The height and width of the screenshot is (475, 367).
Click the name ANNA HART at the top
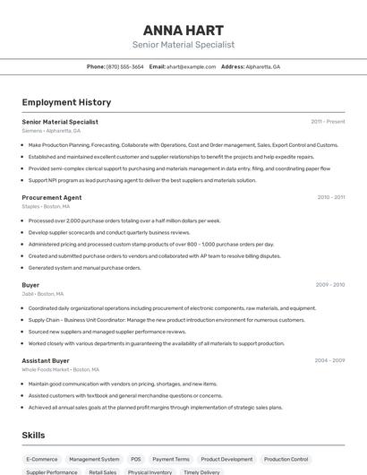(183, 28)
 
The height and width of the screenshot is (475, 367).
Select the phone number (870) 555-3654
(125, 66)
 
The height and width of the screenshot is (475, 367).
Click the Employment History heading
(66, 103)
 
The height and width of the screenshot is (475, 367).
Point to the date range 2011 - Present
(328, 121)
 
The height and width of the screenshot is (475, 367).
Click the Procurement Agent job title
(52, 197)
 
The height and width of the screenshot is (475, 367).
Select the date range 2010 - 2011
(331, 197)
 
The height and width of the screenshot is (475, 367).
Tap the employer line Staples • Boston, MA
(46, 206)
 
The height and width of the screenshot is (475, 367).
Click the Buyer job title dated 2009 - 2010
(30, 285)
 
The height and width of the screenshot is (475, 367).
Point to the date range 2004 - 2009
(329, 360)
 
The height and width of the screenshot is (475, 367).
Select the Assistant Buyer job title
(46, 360)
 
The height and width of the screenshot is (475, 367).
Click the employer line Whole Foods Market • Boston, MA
(60, 369)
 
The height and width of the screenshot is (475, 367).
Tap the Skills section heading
(34, 435)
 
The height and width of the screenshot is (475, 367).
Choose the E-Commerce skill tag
(42, 459)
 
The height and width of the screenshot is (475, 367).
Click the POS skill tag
(135, 459)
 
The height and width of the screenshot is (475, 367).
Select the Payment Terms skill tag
(170, 459)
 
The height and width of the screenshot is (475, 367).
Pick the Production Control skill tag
(286, 459)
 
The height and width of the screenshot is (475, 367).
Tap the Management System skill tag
(94, 459)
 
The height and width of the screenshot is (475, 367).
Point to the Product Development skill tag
(226, 459)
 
